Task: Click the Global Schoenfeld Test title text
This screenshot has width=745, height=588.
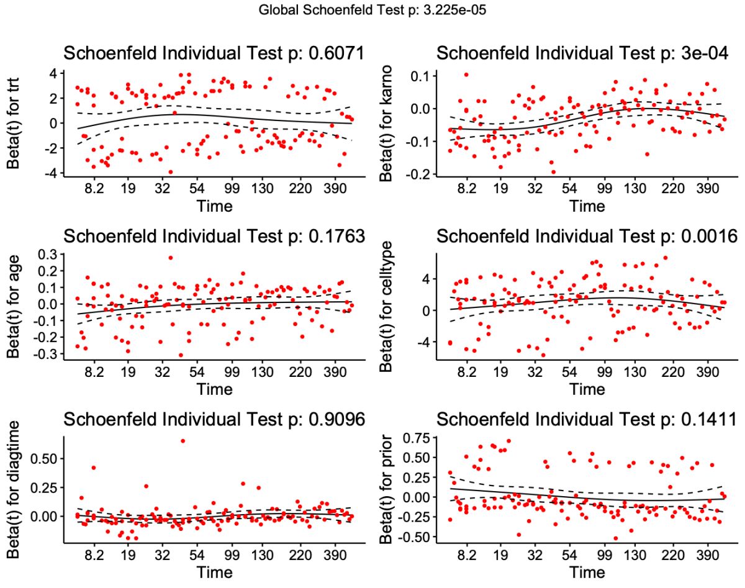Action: click(372, 10)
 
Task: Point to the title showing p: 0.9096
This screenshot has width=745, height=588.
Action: click(214, 420)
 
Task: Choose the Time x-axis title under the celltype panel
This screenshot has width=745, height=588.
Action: click(587, 389)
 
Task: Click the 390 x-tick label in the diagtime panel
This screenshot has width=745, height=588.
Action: click(335, 556)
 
